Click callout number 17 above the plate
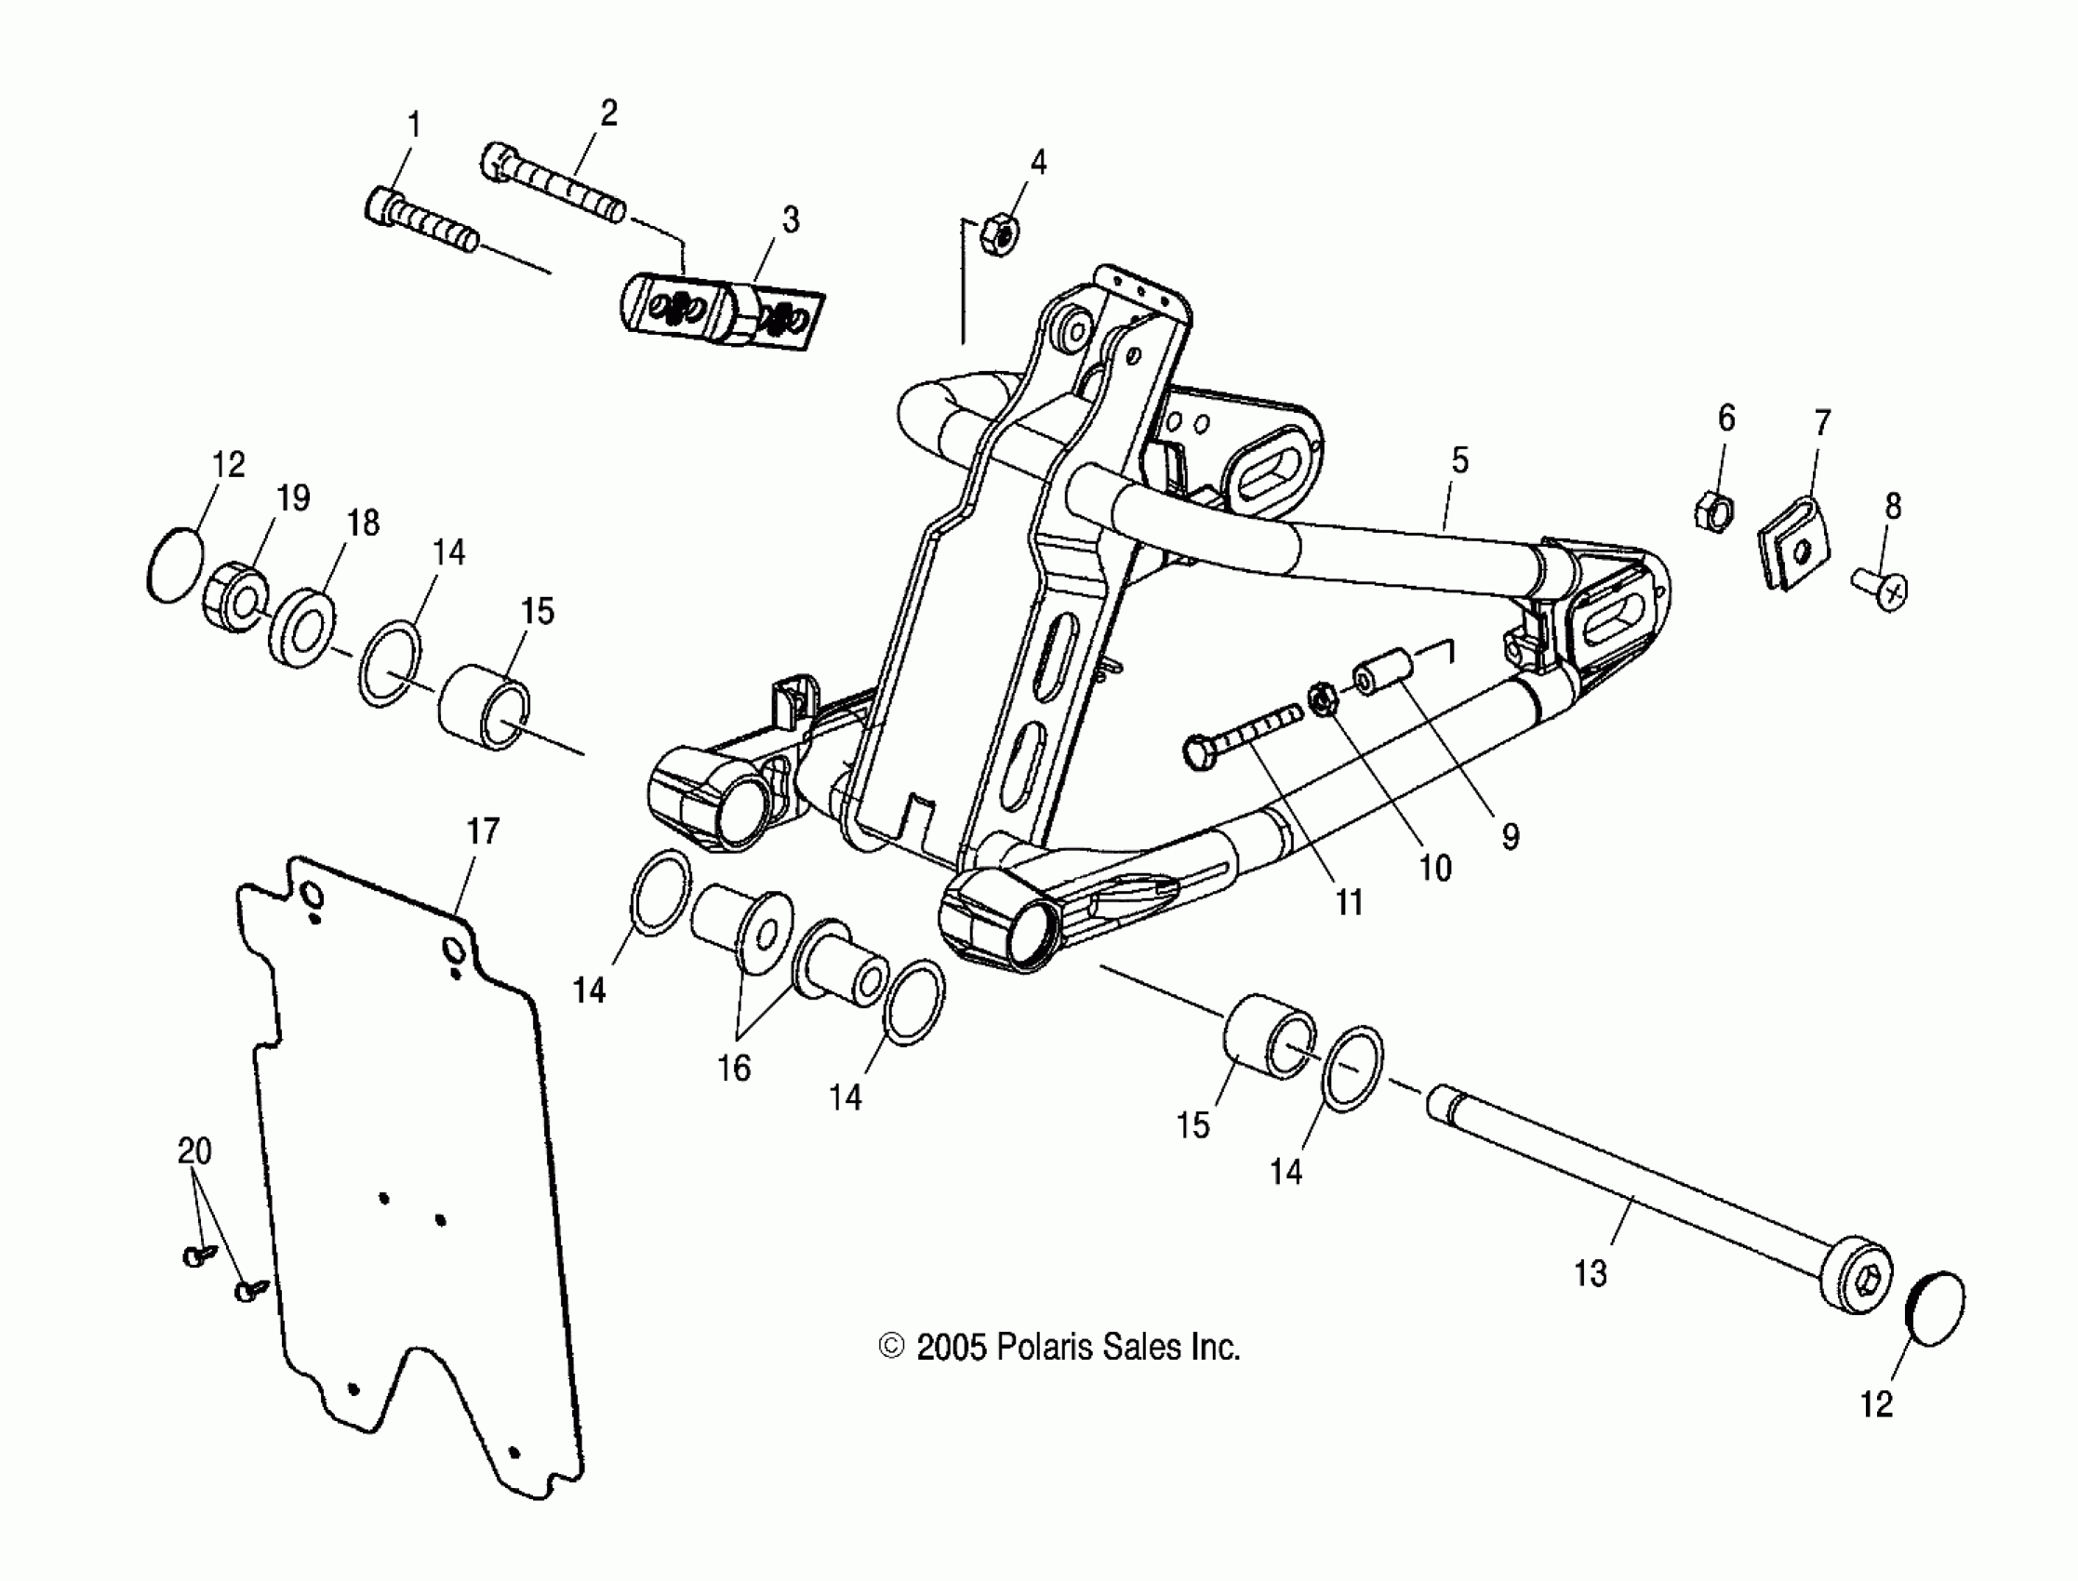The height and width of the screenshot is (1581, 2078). pyautogui.click(x=482, y=832)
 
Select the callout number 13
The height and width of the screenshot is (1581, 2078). pyautogui.click(x=1591, y=1274)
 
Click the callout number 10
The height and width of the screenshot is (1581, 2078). pyautogui.click(x=1434, y=868)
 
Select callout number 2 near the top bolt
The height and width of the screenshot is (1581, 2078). pyautogui.click(x=608, y=113)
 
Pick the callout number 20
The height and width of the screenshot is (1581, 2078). pyautogui.click(x=194, y=1151)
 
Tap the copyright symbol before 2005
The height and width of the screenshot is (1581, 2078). pyautogui.click(x=890, y=1348)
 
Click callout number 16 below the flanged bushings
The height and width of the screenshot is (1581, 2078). pyautogui.click(x=734, y=1069)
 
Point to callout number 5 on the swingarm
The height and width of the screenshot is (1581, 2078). pyautogui.click(x=1459, y=460)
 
